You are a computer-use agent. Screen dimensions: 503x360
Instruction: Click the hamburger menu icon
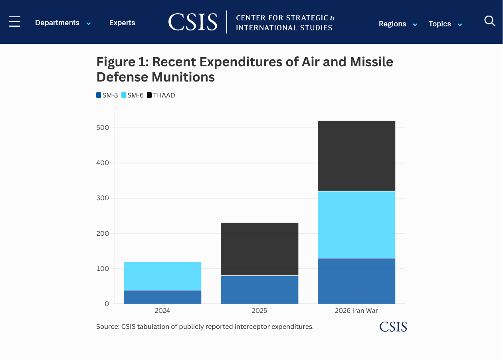pyautogui.click(x=15, y=22)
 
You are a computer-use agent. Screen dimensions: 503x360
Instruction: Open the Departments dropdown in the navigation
pyautogui.click(x=63, y=23)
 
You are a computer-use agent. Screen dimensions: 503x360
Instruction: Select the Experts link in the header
pyautogui.click(x=122, y=23)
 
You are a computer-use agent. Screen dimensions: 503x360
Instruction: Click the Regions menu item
pyautogui.click(x=398, y=24)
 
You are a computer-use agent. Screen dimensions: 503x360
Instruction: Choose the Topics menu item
pyautogui.click(x=445, y=24)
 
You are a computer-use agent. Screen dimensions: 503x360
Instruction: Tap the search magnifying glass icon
pyautogui.click(x=490, y=21)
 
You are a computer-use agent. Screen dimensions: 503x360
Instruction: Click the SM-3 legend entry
pyautogui.click(x=107, y=95)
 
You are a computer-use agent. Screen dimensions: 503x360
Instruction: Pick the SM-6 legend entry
pyautogui.click(x=133, y=95)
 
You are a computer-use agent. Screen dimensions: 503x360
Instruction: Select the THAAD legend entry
pyautogui.click(x=161, y=95)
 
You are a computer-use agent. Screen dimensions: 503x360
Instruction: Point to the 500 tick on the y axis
pyautogui.click(x=103, y=127)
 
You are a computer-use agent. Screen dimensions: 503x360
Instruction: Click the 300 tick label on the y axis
pyautogui.click(x=103, y=198)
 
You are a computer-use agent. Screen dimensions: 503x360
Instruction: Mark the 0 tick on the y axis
pyautogui.click(x=107, y=304)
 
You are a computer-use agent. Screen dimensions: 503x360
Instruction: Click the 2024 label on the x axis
pyautogui.click(x=162, y=310)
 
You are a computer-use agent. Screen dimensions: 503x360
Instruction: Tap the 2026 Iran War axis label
pyautogui.click(x=356, y=310)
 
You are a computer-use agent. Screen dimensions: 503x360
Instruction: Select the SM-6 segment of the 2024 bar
pyautogui.click(x=162, y=276)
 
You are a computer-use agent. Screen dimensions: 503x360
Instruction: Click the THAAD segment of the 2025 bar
pyautogui.click(x=259, y=249)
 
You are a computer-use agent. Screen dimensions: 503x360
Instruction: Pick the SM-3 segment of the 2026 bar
pyautogui.click(x=356, y=281)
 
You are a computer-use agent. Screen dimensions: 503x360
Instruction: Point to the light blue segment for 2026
pyautogui.click(x=356, y=225)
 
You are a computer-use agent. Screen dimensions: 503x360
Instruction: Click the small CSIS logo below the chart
pyautogui.click(x=393, y=327)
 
